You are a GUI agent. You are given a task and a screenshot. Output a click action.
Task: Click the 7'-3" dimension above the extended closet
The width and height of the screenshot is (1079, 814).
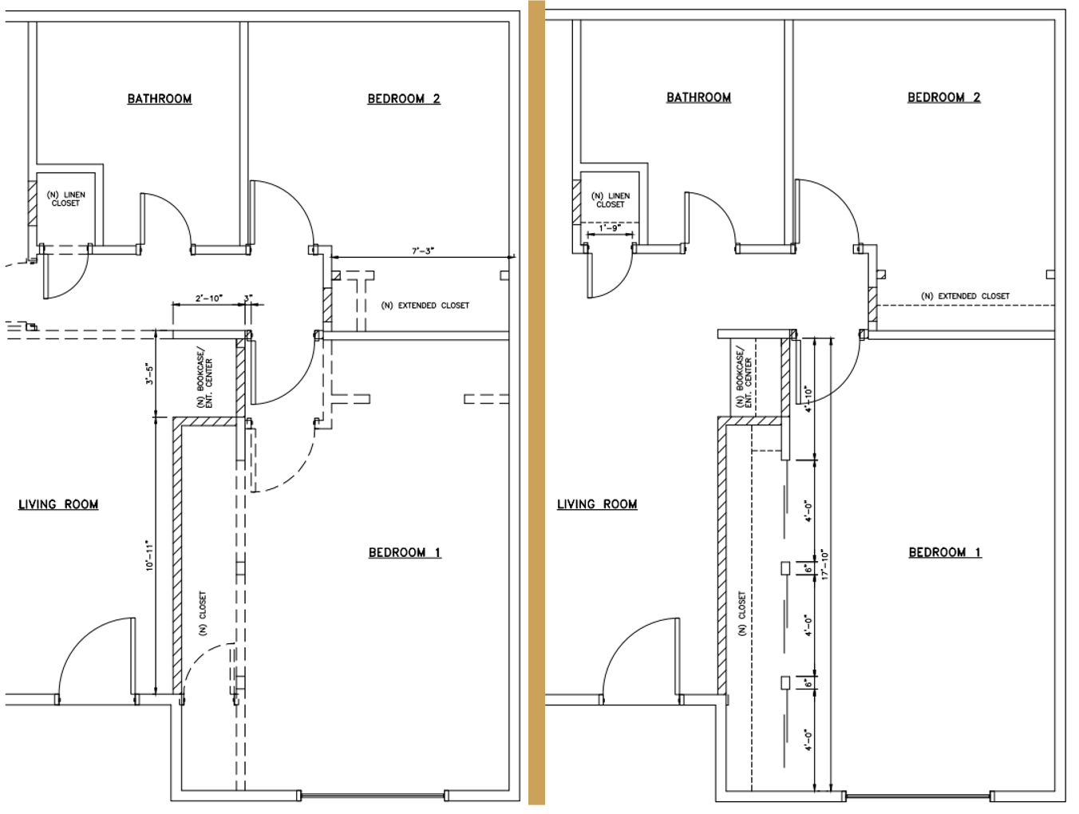423,251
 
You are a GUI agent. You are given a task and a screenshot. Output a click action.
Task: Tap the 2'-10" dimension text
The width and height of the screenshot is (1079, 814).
209,298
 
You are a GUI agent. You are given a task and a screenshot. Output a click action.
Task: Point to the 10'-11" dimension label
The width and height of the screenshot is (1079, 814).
148,555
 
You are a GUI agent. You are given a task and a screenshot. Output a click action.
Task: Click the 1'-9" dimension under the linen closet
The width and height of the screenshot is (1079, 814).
610,228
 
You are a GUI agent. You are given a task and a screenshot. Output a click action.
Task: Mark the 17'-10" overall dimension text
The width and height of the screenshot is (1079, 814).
825,563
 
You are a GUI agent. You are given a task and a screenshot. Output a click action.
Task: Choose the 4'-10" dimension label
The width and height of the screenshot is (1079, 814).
808,399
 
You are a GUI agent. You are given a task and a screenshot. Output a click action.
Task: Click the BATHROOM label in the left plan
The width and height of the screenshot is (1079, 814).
160,99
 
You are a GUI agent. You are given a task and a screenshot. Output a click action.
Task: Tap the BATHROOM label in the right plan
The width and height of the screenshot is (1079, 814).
698,97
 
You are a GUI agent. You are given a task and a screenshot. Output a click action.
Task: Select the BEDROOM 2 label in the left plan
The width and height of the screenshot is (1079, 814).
404,99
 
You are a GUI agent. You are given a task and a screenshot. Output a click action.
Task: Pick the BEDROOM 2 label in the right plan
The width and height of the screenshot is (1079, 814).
944,97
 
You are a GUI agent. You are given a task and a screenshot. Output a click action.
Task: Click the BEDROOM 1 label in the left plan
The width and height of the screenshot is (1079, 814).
405,552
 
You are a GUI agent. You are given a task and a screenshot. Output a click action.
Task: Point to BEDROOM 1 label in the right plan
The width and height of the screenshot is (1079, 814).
945,552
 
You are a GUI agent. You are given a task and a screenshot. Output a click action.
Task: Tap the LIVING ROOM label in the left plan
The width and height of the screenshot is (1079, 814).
58,504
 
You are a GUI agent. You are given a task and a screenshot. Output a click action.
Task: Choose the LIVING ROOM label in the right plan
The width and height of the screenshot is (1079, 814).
597,504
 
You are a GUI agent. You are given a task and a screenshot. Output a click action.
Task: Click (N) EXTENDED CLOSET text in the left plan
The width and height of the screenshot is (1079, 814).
425,306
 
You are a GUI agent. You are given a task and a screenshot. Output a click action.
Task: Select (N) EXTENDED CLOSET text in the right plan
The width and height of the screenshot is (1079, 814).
965,296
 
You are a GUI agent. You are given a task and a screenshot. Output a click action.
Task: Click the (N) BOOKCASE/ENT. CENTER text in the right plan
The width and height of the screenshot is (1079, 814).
745,378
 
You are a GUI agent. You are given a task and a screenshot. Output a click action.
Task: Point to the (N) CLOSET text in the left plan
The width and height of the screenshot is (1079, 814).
203,613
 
